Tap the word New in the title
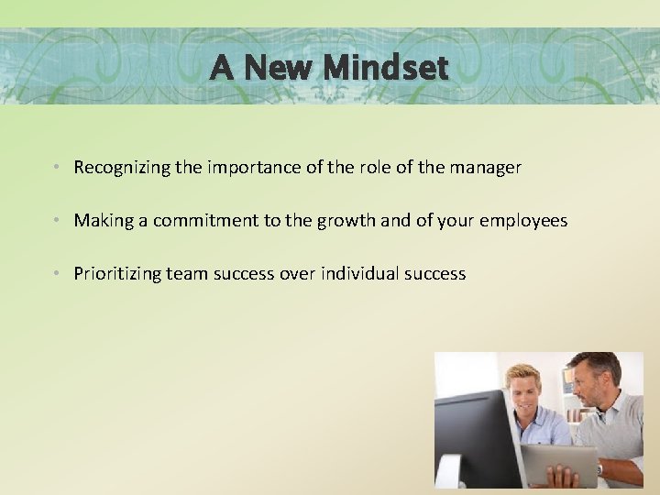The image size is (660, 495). (x=279, y=67)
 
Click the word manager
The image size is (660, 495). (x=485, y=168)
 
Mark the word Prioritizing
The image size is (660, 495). (x=117, y=274)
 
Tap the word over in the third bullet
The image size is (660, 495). (x=297, y=274)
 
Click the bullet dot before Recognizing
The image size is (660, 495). (x=57, y=168)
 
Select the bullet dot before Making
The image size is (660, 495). (x=57, y=221)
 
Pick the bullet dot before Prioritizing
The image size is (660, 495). (x=57, y=274)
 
